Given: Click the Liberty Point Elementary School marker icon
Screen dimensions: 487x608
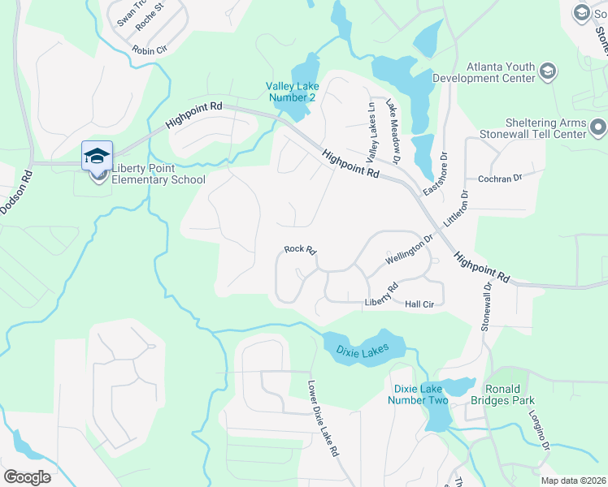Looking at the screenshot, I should click(96, 155).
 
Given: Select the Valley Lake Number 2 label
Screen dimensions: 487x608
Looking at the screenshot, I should click(291, 92).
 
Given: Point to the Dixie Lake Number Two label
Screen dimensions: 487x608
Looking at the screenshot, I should click(418, 394).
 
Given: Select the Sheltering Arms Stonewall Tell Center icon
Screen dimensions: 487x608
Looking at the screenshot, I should click(599, 128).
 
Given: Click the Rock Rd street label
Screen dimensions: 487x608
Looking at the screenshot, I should click(299, 250).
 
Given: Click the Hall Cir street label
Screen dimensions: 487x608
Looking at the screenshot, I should click(421, 304).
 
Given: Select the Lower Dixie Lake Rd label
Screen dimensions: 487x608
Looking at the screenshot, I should click(323, 419).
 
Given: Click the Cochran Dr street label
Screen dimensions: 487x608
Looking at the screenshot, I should click(499, 178).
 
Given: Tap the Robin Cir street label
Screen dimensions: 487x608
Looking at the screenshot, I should click(150, 50).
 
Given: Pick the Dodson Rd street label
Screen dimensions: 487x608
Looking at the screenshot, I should click(15, 191).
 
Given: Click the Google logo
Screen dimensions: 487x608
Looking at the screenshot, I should click(27, 476).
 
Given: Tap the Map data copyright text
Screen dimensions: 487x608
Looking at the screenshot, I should click(573, 481).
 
